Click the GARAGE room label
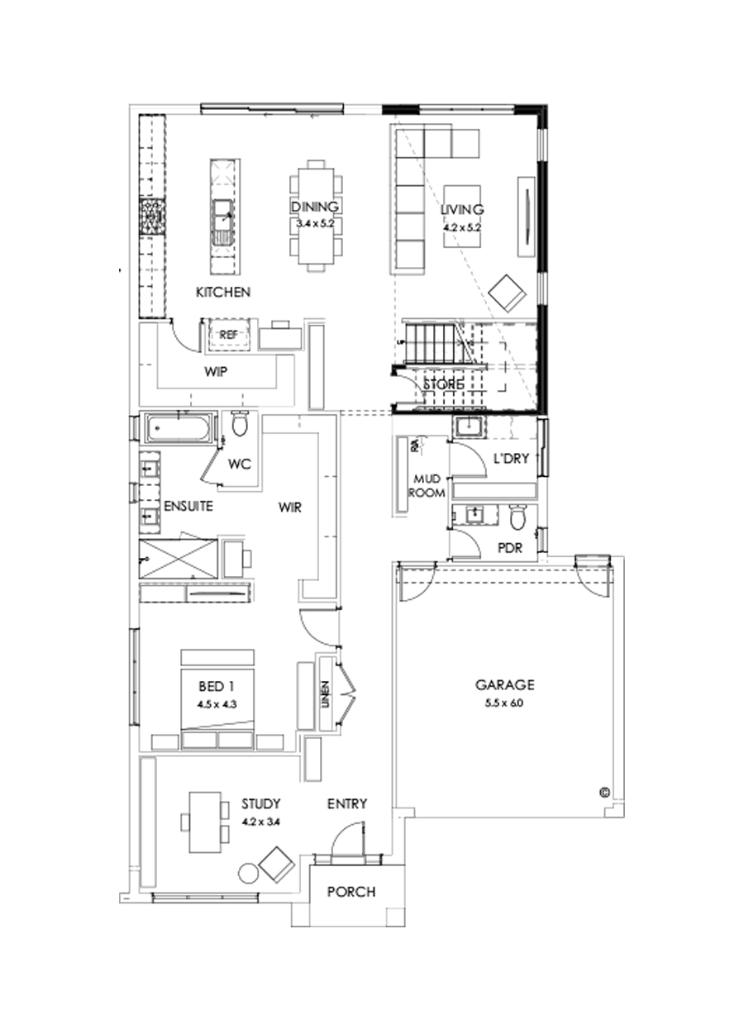tap(504, 684)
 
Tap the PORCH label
tap(351, 892)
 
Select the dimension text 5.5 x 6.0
tap(504, 703)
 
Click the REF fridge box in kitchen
tap(228, 334)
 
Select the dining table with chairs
tap(315, 215)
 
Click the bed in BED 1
tap(217, 698)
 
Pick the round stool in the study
tap(247, 873)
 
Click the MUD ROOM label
tap(430, 486)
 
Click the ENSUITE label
tap(188, 506)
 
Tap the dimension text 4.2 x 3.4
tap(260, 822)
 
